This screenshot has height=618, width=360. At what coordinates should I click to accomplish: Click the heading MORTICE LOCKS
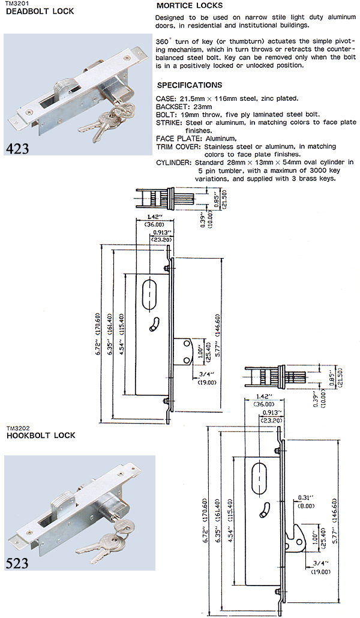tap(188, 5)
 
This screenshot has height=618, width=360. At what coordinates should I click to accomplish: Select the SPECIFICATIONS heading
tap(188, 85)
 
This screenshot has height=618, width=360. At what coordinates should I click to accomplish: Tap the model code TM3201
tap(17, 3)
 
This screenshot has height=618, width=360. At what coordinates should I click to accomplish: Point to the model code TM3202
tap(17, 428)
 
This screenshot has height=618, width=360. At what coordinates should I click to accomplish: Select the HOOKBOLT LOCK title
tap(40, 436)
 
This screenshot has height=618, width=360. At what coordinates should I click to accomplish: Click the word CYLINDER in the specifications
tap(173, 162)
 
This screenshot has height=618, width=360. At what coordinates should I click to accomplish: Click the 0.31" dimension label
tap(305, 497)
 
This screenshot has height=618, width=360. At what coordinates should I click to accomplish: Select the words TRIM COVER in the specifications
tap(178, 146)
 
